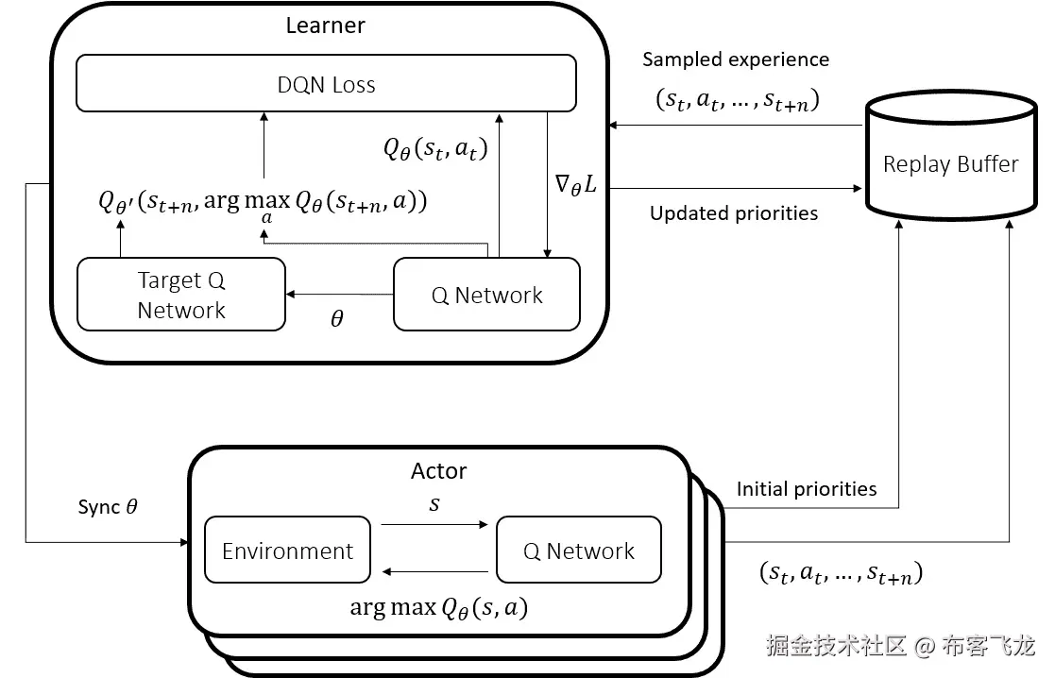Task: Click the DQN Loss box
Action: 326,84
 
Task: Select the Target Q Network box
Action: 180,295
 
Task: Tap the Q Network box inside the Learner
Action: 486,295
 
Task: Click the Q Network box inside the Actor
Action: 578,551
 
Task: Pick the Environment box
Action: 287,551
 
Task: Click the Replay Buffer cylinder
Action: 950,164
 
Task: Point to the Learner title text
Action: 325,25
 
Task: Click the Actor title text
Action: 438,470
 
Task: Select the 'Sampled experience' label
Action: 736,59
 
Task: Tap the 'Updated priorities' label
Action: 734,213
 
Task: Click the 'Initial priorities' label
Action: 807,489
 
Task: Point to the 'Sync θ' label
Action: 108,507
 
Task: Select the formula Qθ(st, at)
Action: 434,149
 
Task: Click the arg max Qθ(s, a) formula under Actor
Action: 438,608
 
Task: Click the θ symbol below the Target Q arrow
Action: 337,320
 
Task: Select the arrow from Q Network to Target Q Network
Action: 339,296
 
